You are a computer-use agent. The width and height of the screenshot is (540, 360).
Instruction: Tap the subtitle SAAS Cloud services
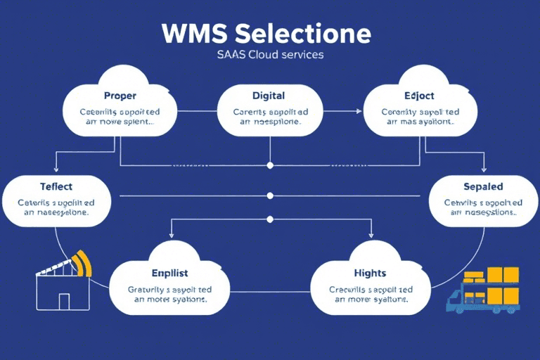click(270, 54)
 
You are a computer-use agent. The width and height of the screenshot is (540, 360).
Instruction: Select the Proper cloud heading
click(120, 95)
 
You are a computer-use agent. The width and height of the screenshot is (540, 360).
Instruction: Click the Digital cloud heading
click(268, 95)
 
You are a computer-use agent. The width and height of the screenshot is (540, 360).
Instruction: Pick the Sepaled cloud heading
click(483, 187)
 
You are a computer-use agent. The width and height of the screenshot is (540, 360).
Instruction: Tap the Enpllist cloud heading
click(170, 272)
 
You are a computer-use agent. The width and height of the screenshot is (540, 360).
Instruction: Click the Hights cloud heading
click(370, 272)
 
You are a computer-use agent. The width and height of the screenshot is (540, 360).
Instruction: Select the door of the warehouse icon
click(64, 302)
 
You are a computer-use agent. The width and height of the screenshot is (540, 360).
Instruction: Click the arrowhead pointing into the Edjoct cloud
click(359, 111)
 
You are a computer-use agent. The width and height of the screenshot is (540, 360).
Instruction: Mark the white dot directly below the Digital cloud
click(269, 165)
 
